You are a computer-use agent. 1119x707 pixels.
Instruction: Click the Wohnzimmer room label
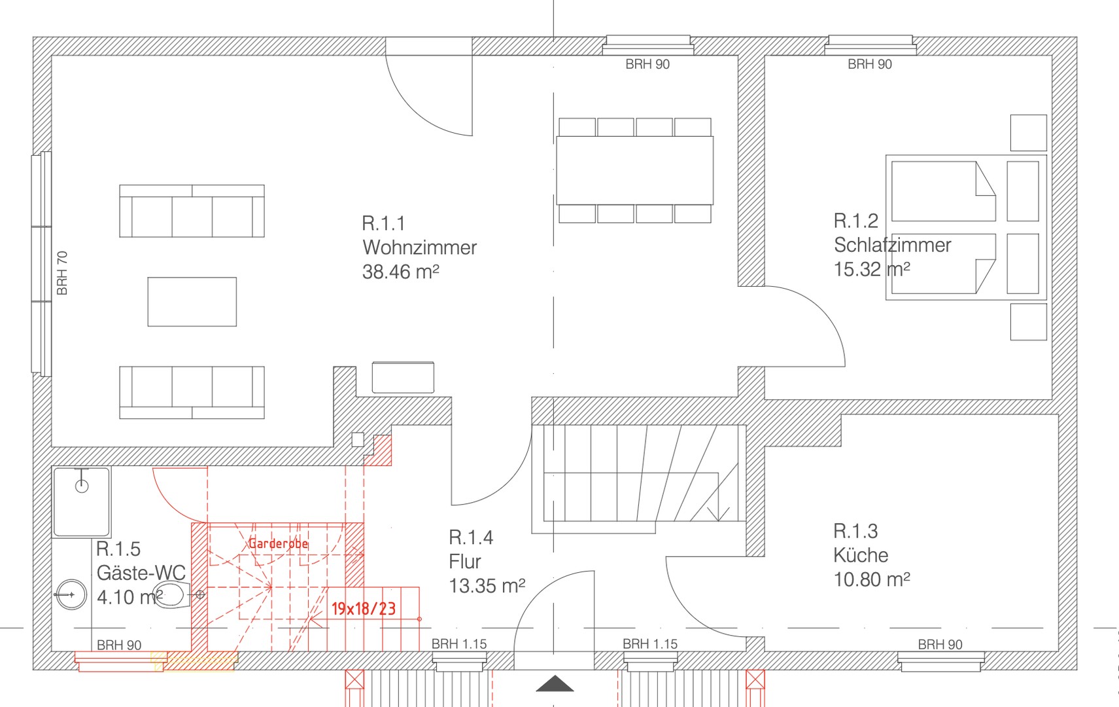(420, 248)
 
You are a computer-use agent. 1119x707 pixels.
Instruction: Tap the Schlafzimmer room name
(892, 245)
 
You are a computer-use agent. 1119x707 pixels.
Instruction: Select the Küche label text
(861, 556)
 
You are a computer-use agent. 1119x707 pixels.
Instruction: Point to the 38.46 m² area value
(401, 272)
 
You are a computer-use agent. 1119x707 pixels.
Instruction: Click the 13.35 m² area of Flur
(487, 586)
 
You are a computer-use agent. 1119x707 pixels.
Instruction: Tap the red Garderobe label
(278, 543)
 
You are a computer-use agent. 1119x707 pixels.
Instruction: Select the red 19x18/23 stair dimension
(363, 609)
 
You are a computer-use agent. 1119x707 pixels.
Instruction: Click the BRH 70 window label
(62, 273)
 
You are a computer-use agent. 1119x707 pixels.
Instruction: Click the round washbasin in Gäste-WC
(71, 594)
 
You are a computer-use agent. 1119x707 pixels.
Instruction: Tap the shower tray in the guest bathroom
(82, 502)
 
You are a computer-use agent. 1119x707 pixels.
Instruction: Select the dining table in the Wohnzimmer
(635, 170)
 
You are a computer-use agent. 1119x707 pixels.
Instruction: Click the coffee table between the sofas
(192, 302)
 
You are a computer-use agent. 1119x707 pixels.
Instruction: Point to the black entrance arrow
(555, 683)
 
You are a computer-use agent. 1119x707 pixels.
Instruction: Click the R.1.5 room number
(118, 549)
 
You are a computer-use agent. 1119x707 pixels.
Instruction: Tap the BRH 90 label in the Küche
(940, 645)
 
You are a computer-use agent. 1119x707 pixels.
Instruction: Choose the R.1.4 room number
(471, 537)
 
